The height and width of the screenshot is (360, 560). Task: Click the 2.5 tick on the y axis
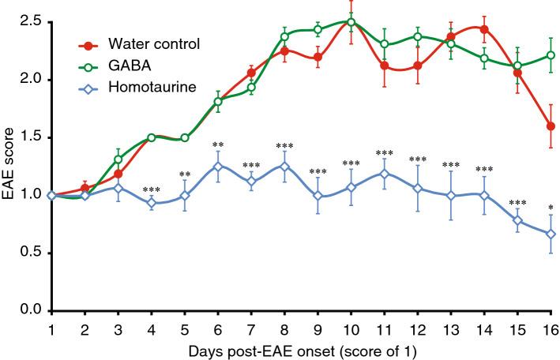tap(33, 21)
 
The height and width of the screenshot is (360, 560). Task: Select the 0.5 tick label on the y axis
tap(33, 253)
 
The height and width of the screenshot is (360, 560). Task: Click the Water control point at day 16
tap(551, 126)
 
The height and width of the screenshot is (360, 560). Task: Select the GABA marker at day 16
tap(551, 55)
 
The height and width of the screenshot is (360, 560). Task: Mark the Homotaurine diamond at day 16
tap(551, 234)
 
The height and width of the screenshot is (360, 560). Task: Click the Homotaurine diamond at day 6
tap(217, 166)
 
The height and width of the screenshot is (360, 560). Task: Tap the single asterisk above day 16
tap(551, 208)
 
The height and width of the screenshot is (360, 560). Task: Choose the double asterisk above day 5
tap(184, 174)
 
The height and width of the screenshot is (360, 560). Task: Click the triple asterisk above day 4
tap(152, 189)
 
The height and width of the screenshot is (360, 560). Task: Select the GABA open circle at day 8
tap(284, 36)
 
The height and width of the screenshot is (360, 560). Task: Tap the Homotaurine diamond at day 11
tap(385, 174)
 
